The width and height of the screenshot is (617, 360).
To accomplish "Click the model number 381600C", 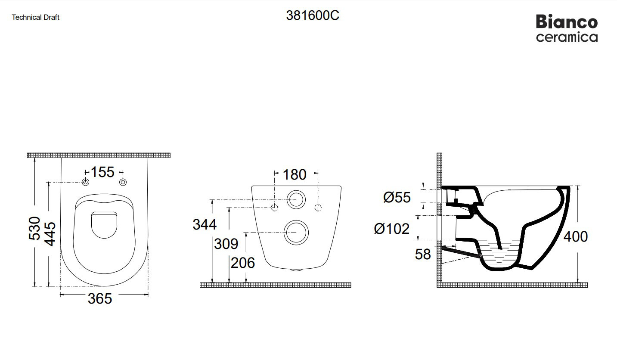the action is (313, 16).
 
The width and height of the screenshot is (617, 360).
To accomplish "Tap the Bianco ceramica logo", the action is (567, 29).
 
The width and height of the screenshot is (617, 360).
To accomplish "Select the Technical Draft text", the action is (36, 17).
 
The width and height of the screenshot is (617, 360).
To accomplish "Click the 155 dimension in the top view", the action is (102, 172).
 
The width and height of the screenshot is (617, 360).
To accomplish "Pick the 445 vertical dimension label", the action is (50, 234).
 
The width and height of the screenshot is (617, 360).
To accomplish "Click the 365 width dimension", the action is (100, 298).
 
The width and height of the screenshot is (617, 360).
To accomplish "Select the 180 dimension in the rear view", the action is (295, 175).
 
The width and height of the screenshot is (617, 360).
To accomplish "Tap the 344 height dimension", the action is (205, 224).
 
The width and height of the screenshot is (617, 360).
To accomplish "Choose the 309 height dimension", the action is (226, 244).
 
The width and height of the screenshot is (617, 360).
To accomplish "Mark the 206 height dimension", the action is (243, 263).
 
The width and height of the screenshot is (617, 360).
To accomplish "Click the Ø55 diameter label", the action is (397, 198).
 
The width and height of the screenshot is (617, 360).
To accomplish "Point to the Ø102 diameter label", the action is (392, 229).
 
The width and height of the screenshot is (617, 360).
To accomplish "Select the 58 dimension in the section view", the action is (423, 254).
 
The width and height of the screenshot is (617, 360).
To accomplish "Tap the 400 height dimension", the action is (575, 236).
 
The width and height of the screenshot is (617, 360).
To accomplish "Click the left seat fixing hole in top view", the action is (86, 182).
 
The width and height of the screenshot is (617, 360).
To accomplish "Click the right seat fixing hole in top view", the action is (123, 182).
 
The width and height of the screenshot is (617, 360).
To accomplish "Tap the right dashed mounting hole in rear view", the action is (318, 208).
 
